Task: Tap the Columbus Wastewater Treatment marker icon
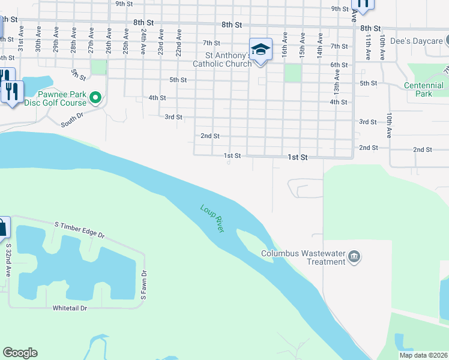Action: point(355,257)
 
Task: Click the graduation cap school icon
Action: point(261,49)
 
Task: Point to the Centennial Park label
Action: point(424,89)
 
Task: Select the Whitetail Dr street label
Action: point(70,308)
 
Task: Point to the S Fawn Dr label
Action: point(144,285)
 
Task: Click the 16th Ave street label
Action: point(284,45)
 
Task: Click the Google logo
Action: point(20,353)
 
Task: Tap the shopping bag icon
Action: point(2,227)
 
